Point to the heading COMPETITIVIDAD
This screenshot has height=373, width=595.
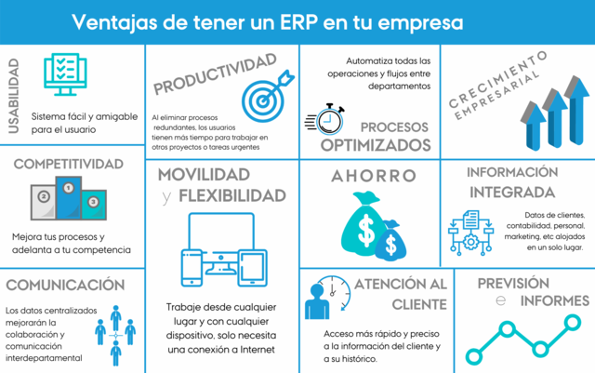point(68,165)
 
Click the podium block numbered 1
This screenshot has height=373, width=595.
point(66,195)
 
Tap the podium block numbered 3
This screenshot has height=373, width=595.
point(91,202)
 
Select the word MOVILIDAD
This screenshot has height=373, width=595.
point(204,174)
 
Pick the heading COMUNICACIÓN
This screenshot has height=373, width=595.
point(63,284)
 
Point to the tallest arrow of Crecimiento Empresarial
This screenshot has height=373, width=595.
point(578,107)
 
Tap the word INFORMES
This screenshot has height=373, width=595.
point(555,300)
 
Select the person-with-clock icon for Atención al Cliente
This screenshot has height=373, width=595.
point(322,296)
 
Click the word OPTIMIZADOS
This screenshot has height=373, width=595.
point(376,145)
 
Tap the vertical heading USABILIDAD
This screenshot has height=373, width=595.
point(13,97)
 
